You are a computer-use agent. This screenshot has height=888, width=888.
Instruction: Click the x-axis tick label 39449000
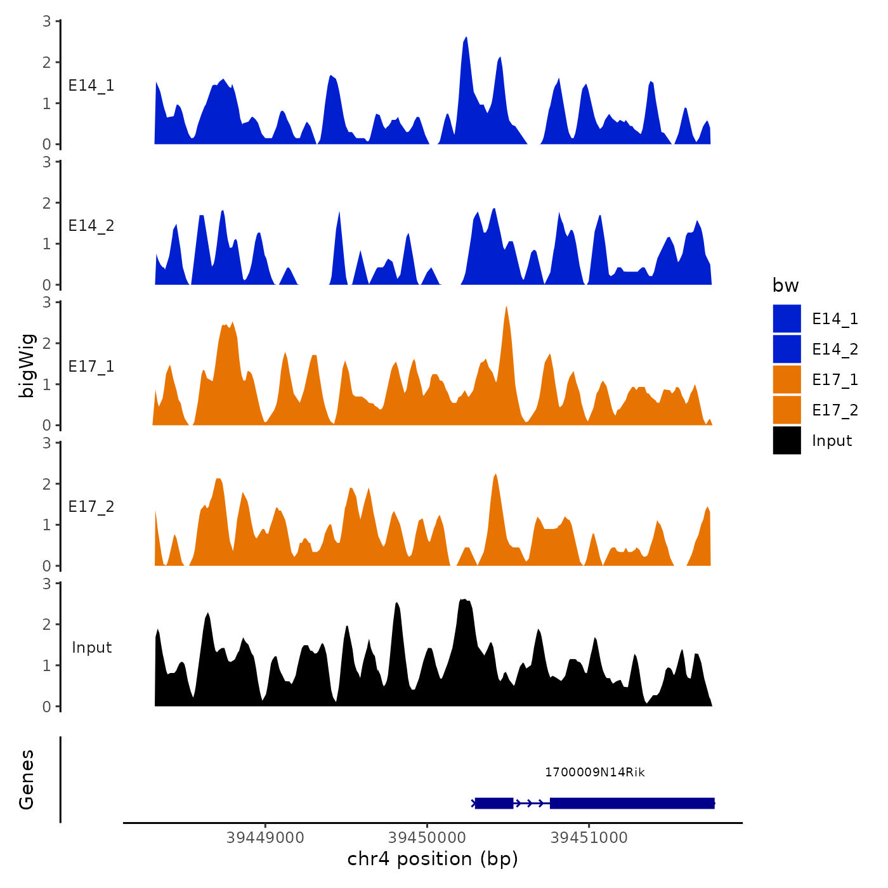tap(265, 838)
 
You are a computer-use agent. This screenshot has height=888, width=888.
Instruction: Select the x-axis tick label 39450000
tap(427, 838)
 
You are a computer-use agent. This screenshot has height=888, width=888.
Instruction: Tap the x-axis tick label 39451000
tap(589, 838)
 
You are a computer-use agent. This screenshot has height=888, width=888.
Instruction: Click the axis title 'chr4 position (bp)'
tap(433, 859)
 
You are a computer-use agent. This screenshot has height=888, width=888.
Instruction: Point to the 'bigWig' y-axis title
tap(27, 366)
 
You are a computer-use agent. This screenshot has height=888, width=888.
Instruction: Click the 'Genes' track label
tap(27, 780)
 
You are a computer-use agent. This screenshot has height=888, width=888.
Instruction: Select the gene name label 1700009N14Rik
tap(594, 773)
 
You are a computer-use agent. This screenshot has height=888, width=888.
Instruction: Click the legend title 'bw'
tap(785, 286)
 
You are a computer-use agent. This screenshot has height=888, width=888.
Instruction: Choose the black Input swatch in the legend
tap(787, 440)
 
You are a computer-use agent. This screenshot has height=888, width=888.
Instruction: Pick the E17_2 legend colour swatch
tap(787, 410)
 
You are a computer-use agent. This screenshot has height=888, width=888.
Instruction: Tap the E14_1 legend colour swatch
tap(787, 318)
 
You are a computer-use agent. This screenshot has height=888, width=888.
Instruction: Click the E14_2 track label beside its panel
tap(91, 226)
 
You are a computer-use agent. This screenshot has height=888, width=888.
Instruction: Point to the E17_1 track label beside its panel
tap(91, 367)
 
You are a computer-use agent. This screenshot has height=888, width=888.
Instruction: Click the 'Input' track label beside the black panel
tap(91, 648)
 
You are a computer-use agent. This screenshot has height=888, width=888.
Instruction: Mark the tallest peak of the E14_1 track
tap(466, 39)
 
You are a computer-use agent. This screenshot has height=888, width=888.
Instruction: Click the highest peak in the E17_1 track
tap(506, 308)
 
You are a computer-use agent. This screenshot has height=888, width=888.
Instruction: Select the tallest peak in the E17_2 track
tap(495, 475)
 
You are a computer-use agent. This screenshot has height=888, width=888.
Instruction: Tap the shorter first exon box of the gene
tap(493, 803)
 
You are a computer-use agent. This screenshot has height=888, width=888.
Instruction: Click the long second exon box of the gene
tap(632, 803)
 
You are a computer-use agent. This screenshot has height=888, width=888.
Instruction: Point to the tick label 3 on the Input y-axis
tap(47, 584)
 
